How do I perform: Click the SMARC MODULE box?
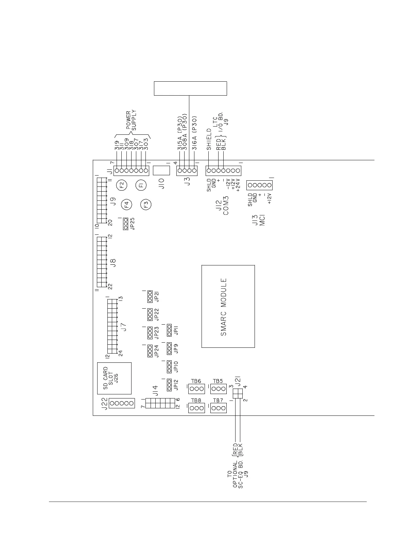pos(228,306)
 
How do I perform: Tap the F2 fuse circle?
pos(121,185)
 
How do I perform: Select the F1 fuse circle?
pos(141,185)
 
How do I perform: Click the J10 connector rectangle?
pos(161,170)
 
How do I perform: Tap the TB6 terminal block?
pos(196,389)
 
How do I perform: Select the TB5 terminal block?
pos(218,389)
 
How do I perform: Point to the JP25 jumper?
pos(126,224)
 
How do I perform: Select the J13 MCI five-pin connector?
pos(260,185)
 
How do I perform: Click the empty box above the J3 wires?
pos(190,88)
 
